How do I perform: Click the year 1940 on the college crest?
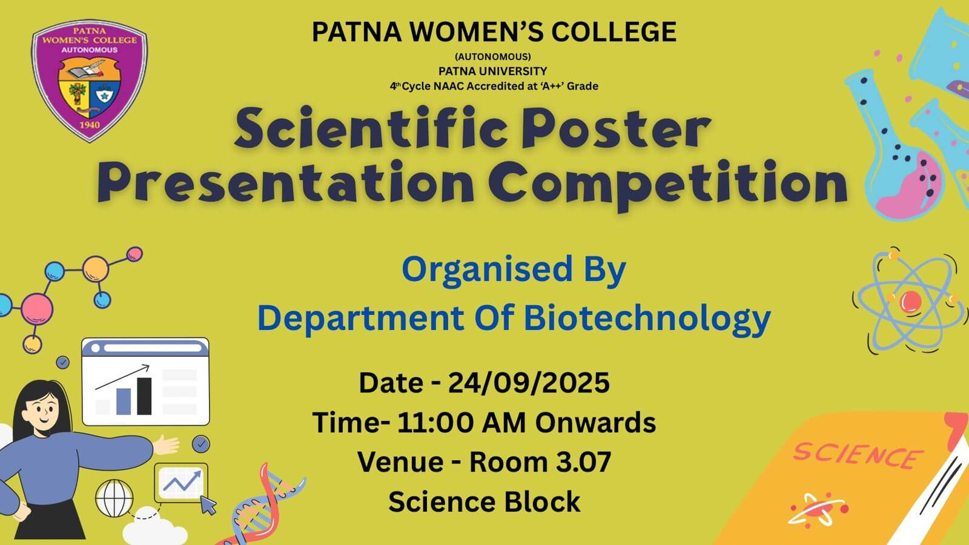click(90, 125)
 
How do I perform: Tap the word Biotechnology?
click(647, 319)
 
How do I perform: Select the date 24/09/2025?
click(529, 383)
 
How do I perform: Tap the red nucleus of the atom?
click(910, 302)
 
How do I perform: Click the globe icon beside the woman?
click(114, 498)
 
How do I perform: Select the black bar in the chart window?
click(144, 396)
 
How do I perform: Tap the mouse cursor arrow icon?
click(208, 505)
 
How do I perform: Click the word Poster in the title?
click(616, 128)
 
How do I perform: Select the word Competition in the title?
click(667, 183)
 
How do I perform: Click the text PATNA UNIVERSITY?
click(493, 71)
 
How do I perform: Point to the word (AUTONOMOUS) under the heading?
click(493, 57)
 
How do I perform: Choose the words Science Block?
click(484, 502)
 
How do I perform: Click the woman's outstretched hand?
click(166, 444)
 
